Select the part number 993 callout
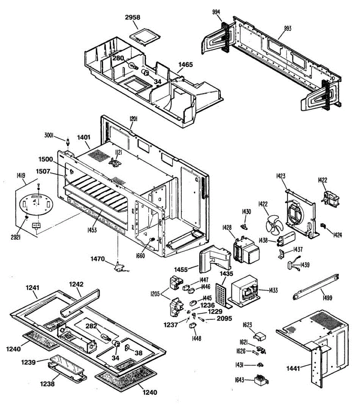[288, 29]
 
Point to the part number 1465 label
[186, 64]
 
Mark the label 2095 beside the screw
[224, 318]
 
